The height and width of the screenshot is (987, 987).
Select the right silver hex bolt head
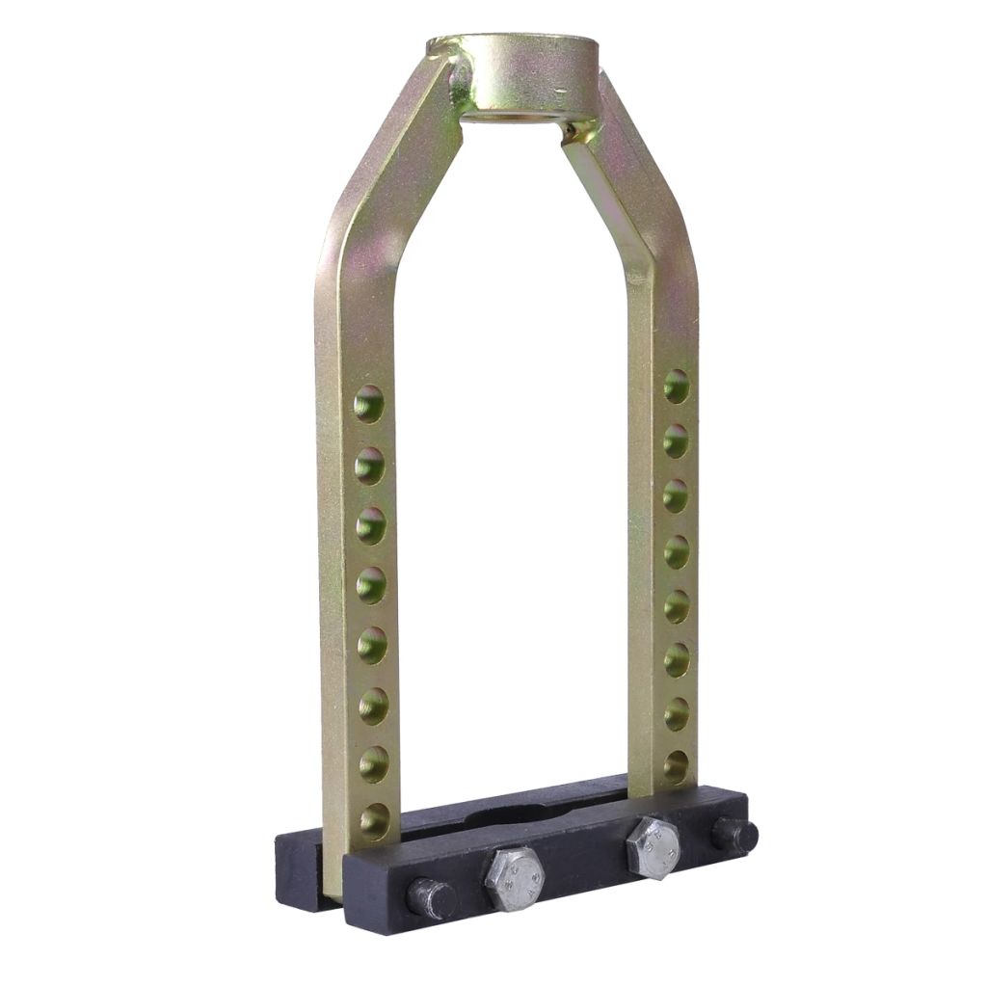[653, 847]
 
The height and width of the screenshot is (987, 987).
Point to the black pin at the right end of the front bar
[735, 834]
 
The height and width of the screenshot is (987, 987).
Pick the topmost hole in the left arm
[368, 404]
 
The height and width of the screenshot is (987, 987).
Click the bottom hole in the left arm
[374, 820]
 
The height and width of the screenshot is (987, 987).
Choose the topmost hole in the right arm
[677, 386]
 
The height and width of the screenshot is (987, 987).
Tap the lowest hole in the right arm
[676, 766]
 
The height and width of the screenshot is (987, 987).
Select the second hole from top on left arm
[369, 466]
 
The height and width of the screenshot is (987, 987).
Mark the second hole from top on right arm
[677, 440]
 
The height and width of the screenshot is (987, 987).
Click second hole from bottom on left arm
[373, 763]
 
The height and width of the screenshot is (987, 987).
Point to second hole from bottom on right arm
[677, 714]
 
